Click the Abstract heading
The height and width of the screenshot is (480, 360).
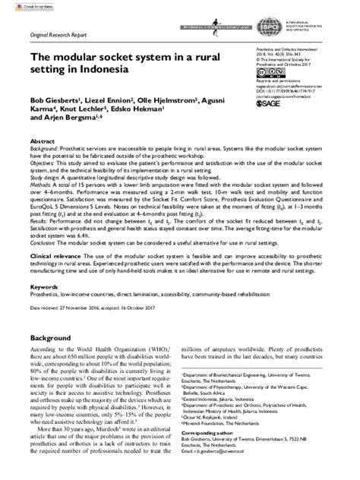[43, 141]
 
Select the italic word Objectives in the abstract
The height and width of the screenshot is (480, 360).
[44, 163]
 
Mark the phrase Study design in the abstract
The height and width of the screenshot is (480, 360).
[47, 177]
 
